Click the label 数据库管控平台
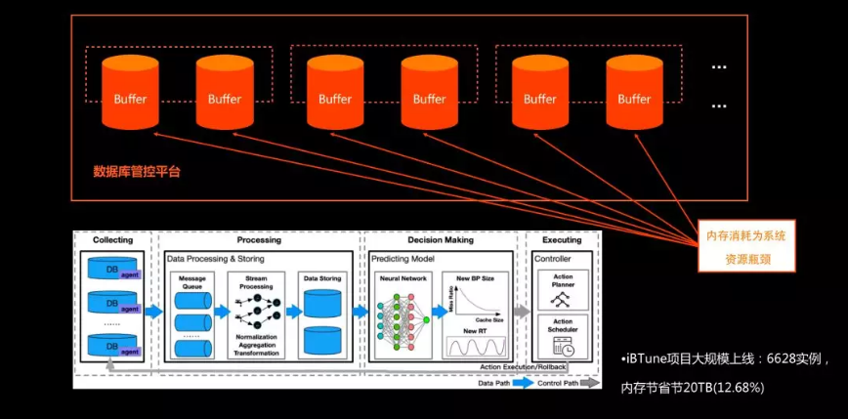[137, 171]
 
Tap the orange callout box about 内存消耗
[746, 245]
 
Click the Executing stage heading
[562, 240]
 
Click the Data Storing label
[322, 278]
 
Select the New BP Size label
[475, 278]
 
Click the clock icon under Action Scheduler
[563, 347]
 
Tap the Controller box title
[555, 258]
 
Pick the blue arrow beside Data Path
[522, 384]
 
